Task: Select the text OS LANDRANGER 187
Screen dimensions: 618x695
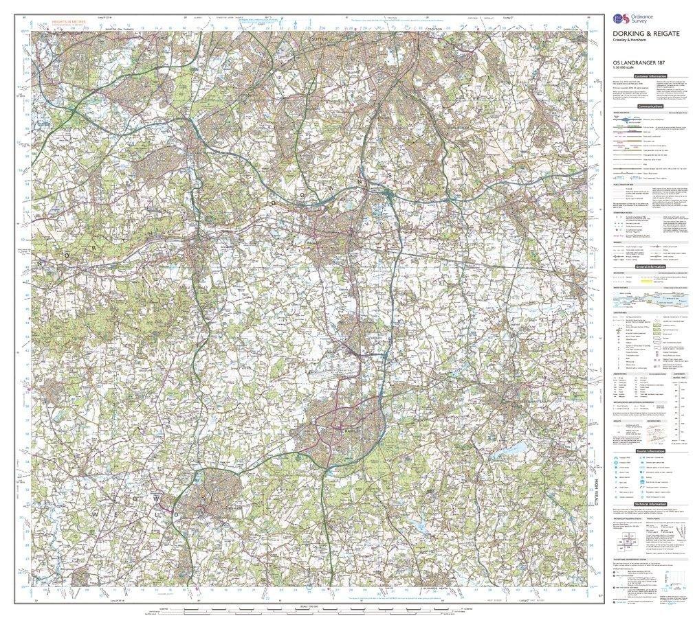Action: pyautogui.click(x=637, y=64)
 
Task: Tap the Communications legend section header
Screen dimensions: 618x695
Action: pyautogui.click(x=650, y=106)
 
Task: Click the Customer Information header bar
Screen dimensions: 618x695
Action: pyautogui.click(x=650, y=76)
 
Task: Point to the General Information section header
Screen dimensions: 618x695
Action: pyautogui.click(x=650, y=266)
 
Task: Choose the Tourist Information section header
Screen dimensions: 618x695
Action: pyautogui.click(x=650, y=450)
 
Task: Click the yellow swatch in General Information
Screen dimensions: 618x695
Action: pyautogui.click(x=646, y=280)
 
